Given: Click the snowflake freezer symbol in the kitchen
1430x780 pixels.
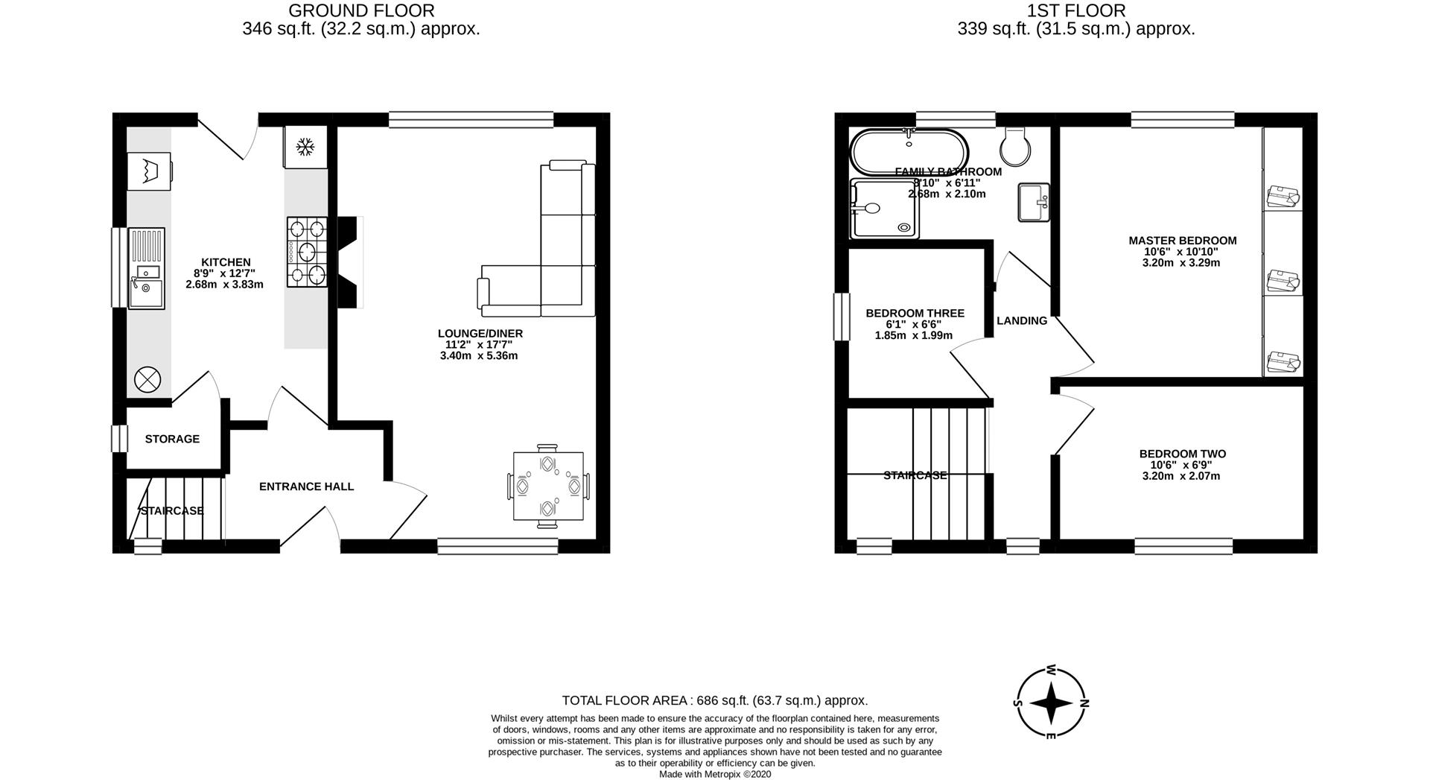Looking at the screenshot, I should (x=304, y=148).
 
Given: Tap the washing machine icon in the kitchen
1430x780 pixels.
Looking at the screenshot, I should (x=149, y=172).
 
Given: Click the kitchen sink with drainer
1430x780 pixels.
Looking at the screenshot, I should (x=146, y=268).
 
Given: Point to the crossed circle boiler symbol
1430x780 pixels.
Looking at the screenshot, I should (x=147, y=380).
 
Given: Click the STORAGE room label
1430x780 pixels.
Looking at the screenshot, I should (x=172, y=439).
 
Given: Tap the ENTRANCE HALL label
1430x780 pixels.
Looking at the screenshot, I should (x=306, y=486).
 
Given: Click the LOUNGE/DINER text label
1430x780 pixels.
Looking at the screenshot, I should (x=480, y=334).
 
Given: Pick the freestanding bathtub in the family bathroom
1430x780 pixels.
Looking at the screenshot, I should (x=909, y=150).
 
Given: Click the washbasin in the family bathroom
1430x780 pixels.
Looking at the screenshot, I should (x=1034, y=202).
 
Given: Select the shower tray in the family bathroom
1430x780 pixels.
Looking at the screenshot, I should (x=884, y=209).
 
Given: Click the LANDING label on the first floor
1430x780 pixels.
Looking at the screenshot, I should (x=1022, y=321).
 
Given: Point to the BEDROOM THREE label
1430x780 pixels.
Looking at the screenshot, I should (x=915, y=314).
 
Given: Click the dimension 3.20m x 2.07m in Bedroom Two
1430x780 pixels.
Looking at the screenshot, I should (x=1181, y=476).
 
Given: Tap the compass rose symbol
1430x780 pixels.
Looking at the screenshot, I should (x=1051, y=703).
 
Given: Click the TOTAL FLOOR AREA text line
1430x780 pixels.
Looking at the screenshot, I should (x=714, y=700).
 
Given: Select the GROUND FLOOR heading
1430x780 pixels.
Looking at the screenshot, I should (x=361, y=10).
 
